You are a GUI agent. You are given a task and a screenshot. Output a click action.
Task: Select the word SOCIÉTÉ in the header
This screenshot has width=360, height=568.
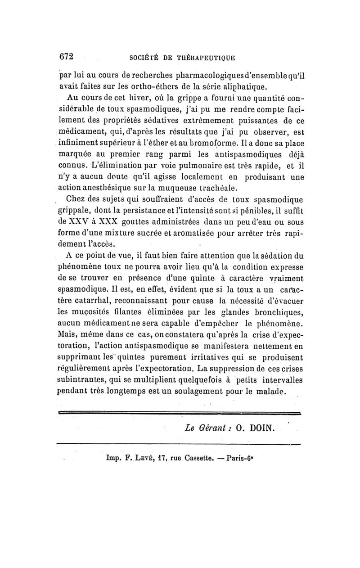click(x=143, y=58)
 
